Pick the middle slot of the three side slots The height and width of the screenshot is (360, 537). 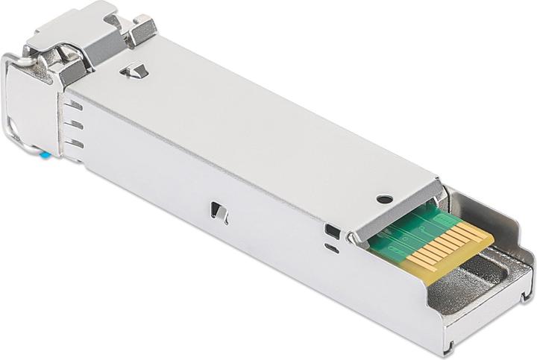(75, 124)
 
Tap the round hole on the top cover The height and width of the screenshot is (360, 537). (384, 199)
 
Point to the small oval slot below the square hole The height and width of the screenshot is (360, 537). (333, 249)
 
